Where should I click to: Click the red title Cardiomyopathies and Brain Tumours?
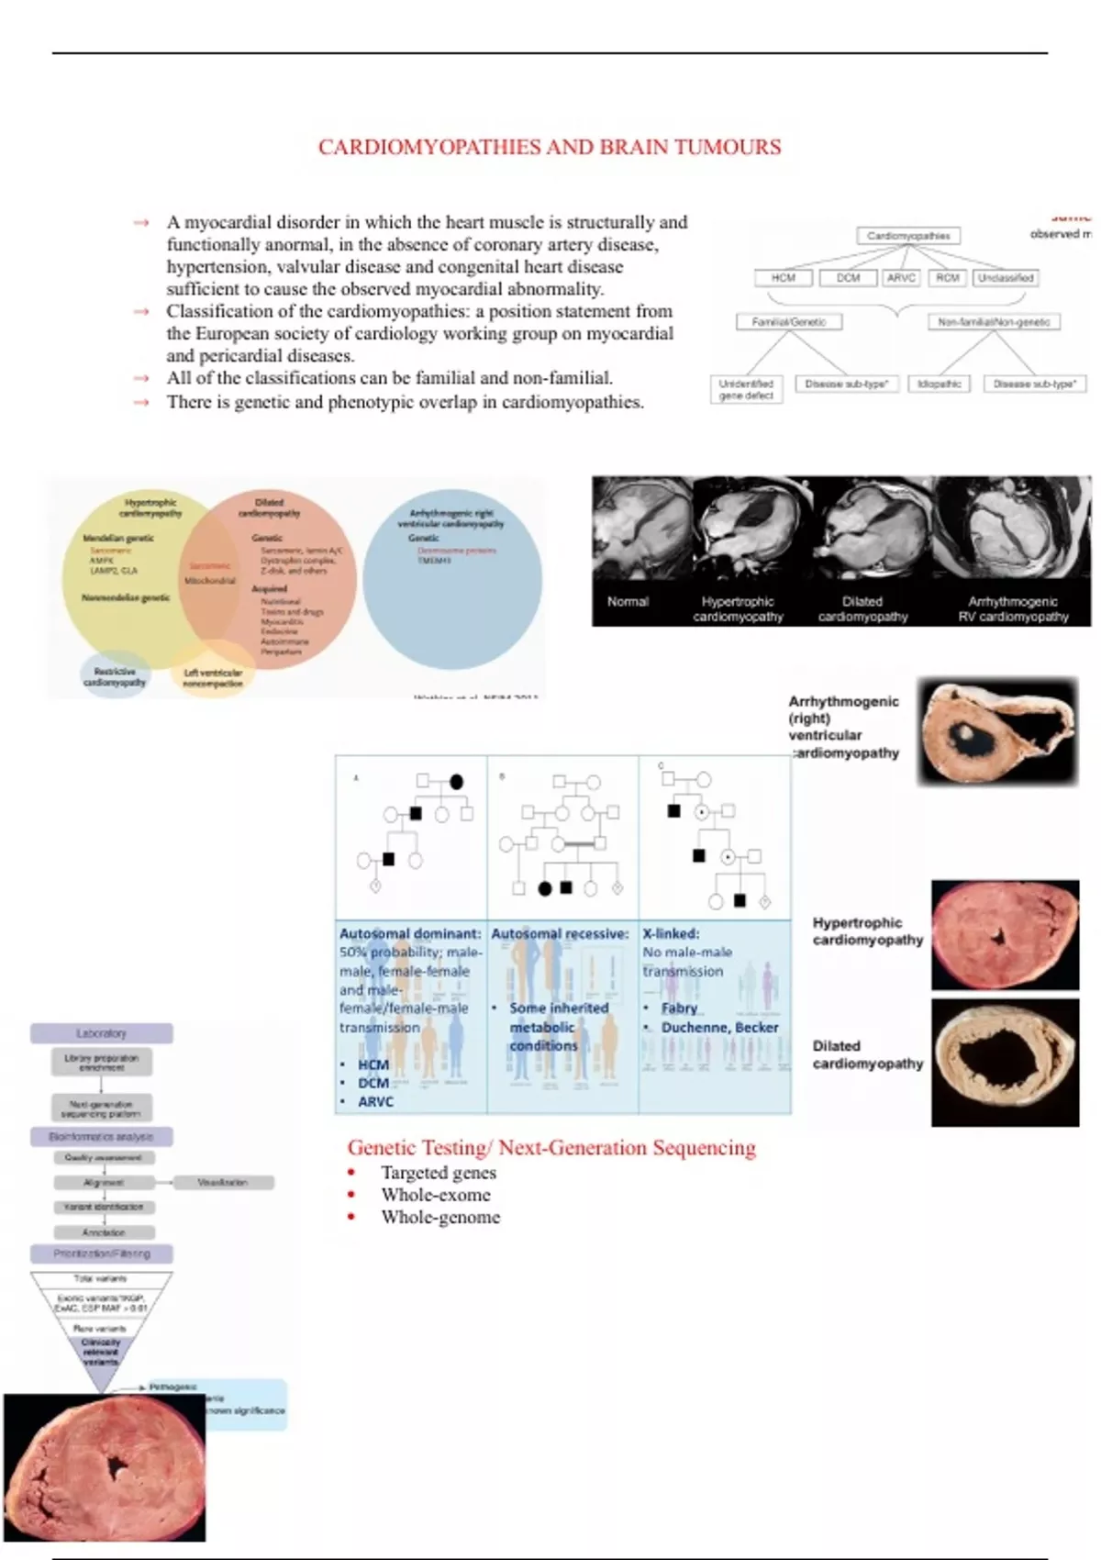tap(550, 147)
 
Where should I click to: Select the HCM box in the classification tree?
tap(783, 277)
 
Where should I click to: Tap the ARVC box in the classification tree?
tap(901, 277)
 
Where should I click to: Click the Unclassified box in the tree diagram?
tap(1006, 277)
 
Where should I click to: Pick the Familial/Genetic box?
tap(789, 322)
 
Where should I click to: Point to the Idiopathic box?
tap(940, 384)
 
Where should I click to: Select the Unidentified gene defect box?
tap(746, 389)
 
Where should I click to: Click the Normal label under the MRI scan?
tap(628, 602)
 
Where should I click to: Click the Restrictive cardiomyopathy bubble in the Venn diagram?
tap(114, 676)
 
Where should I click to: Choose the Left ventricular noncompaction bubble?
tap(213, 676)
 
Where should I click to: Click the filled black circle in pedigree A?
tap(456, 782)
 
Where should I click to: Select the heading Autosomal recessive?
tap(560, 933)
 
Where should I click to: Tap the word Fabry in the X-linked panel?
tap(679, 1008)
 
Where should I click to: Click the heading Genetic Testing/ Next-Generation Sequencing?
tap(551, 1147)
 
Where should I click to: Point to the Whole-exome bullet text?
tap(436, 1195)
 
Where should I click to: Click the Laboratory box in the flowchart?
tap(101, 1033)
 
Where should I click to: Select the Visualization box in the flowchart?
tap(223, 1182)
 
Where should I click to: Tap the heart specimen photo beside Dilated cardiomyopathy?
tap(1005, 1063)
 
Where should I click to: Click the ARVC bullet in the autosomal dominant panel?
tap(375, 1101)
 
